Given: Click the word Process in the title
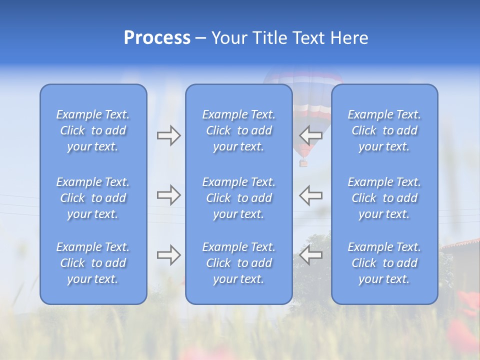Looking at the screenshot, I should pos(157,38).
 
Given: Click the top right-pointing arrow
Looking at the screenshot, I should pos(169,135).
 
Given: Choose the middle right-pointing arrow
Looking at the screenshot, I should pos(169,195).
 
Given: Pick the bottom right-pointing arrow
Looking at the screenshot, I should pos(169,255).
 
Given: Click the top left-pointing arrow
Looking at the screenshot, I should pos(310,135).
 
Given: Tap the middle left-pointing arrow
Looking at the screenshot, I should pos(310,195).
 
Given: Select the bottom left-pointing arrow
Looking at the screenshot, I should pos(310,255).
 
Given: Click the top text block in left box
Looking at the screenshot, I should pos(93,130).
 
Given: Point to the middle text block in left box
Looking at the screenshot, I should pos(93,198).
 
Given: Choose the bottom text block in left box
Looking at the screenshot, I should pos(93,263).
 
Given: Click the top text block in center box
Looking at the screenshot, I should pos(238,130).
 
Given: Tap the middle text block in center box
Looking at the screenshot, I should pos(238,198).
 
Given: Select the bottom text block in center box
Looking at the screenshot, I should pos(238,263).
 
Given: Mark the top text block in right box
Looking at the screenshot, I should pos(384,130).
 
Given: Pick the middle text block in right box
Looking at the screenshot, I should pos(384,198).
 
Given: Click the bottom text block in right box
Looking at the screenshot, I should pos(384,263).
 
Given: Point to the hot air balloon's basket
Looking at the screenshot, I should pos(303,163).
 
